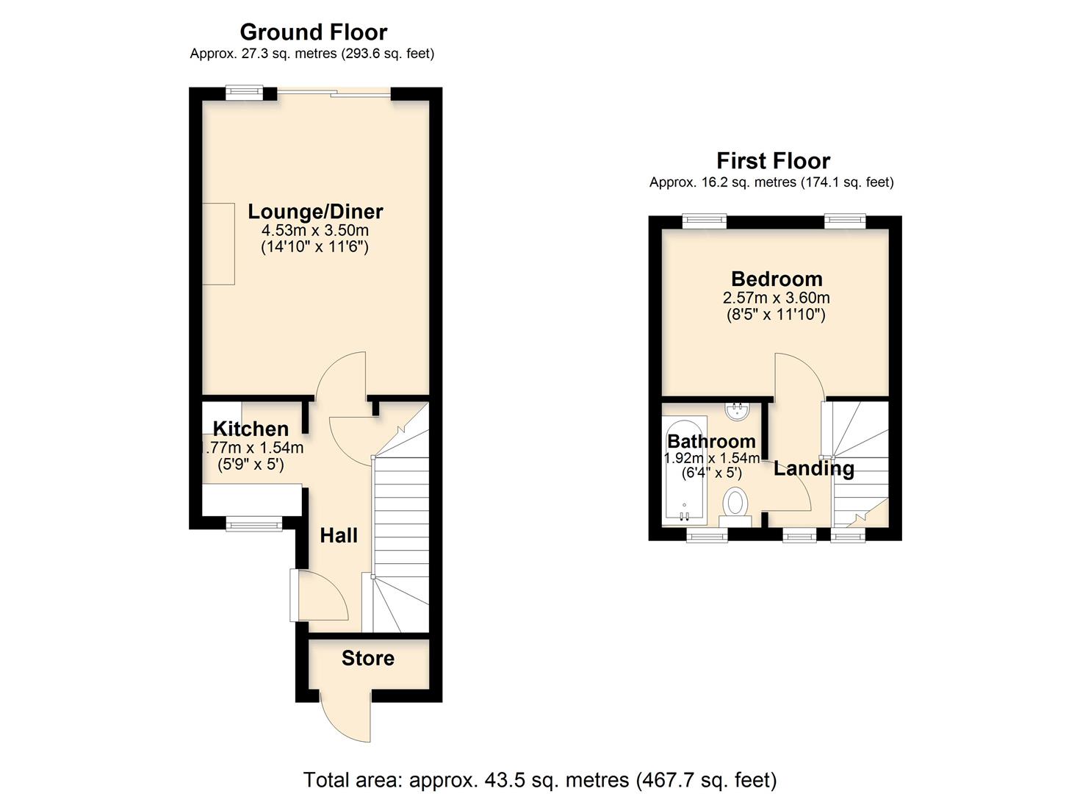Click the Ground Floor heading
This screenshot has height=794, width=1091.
tap(313, 32)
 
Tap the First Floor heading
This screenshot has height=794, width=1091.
tap(773, 161)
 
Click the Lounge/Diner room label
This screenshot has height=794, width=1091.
tap(315, 212)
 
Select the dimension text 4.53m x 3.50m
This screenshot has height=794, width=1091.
tap(315, 231)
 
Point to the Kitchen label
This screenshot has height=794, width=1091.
tap(251, 429)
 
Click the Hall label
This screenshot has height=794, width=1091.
tap(339, 535)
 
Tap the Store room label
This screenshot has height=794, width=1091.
tap(367, 658)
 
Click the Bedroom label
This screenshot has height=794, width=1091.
tap(777, 279)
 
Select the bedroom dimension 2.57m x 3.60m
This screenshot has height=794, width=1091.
tap(777, 298)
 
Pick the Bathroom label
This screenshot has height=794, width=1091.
tap(711, 441)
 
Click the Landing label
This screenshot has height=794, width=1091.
tap(813, 468)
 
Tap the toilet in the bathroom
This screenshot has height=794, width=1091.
tap(735, 506)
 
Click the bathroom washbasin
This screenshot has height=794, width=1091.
tap(737, 411)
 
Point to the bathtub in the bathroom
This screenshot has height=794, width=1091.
tap(684, 471)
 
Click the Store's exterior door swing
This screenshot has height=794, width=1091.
tap(347, 717)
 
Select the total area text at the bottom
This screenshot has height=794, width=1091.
tap(540, 779)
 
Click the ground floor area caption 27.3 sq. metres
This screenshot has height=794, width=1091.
tap(312, 54)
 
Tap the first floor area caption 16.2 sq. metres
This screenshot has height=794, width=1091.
tap(771, 182)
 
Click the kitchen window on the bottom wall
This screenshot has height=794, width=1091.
tap(253, 523)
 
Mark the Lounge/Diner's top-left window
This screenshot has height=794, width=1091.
tap(243, 92)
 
